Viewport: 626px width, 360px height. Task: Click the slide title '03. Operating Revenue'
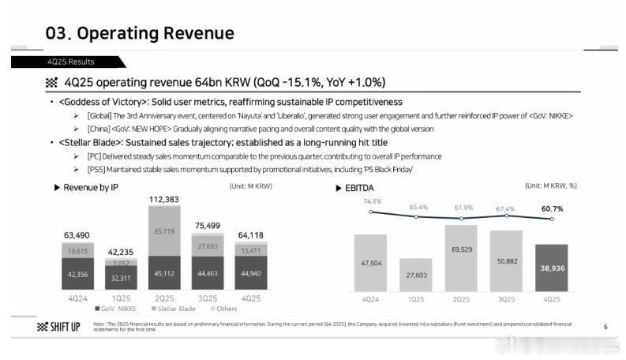140,33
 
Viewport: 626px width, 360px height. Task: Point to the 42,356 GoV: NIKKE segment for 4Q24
77,275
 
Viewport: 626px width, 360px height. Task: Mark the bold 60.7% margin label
553,208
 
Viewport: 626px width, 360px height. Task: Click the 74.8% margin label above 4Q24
372,201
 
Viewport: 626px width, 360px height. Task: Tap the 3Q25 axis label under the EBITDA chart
506,299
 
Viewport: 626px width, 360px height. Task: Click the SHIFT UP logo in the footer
59,328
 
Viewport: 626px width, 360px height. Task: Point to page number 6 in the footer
605,327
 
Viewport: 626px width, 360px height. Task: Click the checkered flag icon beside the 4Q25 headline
52,83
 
